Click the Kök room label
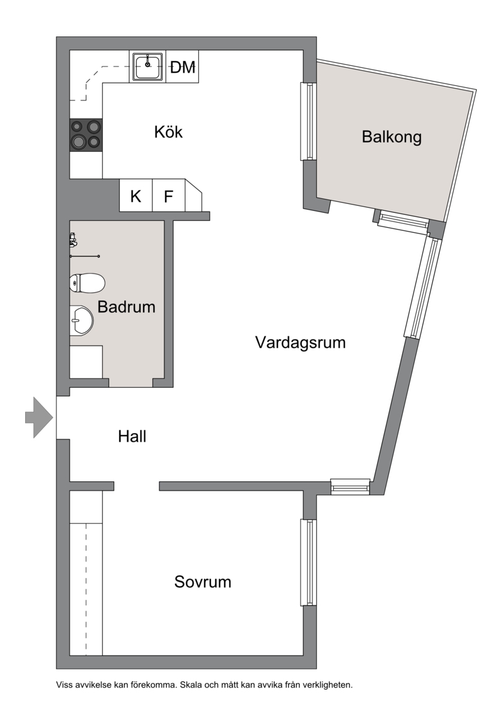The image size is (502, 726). [x=168, y=132]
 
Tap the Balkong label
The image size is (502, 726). [x=392, y=137]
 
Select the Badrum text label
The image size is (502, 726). [x=126, y=307]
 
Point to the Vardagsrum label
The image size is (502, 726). [x=301, y=343]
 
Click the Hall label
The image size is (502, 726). [x=132, y=436]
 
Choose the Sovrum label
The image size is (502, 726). [x=203, y=582]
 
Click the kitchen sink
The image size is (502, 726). [x=147, y=67]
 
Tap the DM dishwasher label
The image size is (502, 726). [x=183, y=68]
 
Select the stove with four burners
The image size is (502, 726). [x=86, y=135]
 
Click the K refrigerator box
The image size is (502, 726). [x=136, y=196]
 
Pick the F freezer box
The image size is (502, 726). [x=169, y=196]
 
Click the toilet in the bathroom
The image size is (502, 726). [x=87, y=283]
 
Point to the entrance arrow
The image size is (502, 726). [x=39, y=417]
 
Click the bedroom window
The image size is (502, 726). [x=309, y=562]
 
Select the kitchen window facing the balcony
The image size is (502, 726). [x=309, y=121]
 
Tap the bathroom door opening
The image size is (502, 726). [x=131, y=383]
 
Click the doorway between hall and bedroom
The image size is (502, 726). [x=137, y=486]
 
